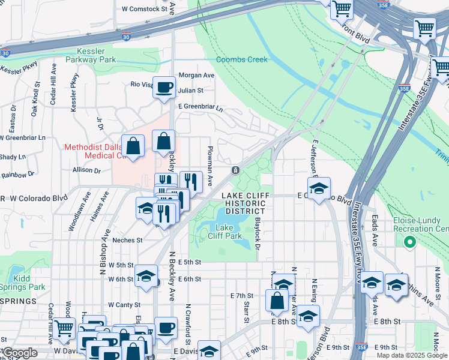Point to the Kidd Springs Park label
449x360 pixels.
(x=23, y=283)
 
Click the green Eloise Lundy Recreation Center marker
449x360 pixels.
(x=410, y=242)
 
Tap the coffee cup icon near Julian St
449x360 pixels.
(x=164, y=88)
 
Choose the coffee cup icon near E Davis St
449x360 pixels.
(x=166, y=328)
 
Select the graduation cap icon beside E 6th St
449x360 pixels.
(x=146, y=276)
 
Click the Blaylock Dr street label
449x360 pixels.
(x=256, y=231)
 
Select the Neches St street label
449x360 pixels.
(x=127, y=240)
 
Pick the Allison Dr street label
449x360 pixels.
(x=86, y=170)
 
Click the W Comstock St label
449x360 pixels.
(x=144, y=9)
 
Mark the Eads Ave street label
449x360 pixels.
(x=375, y=231)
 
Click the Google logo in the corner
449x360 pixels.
(x=20, y=353)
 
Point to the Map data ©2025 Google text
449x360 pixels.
(x=412, y=355)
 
